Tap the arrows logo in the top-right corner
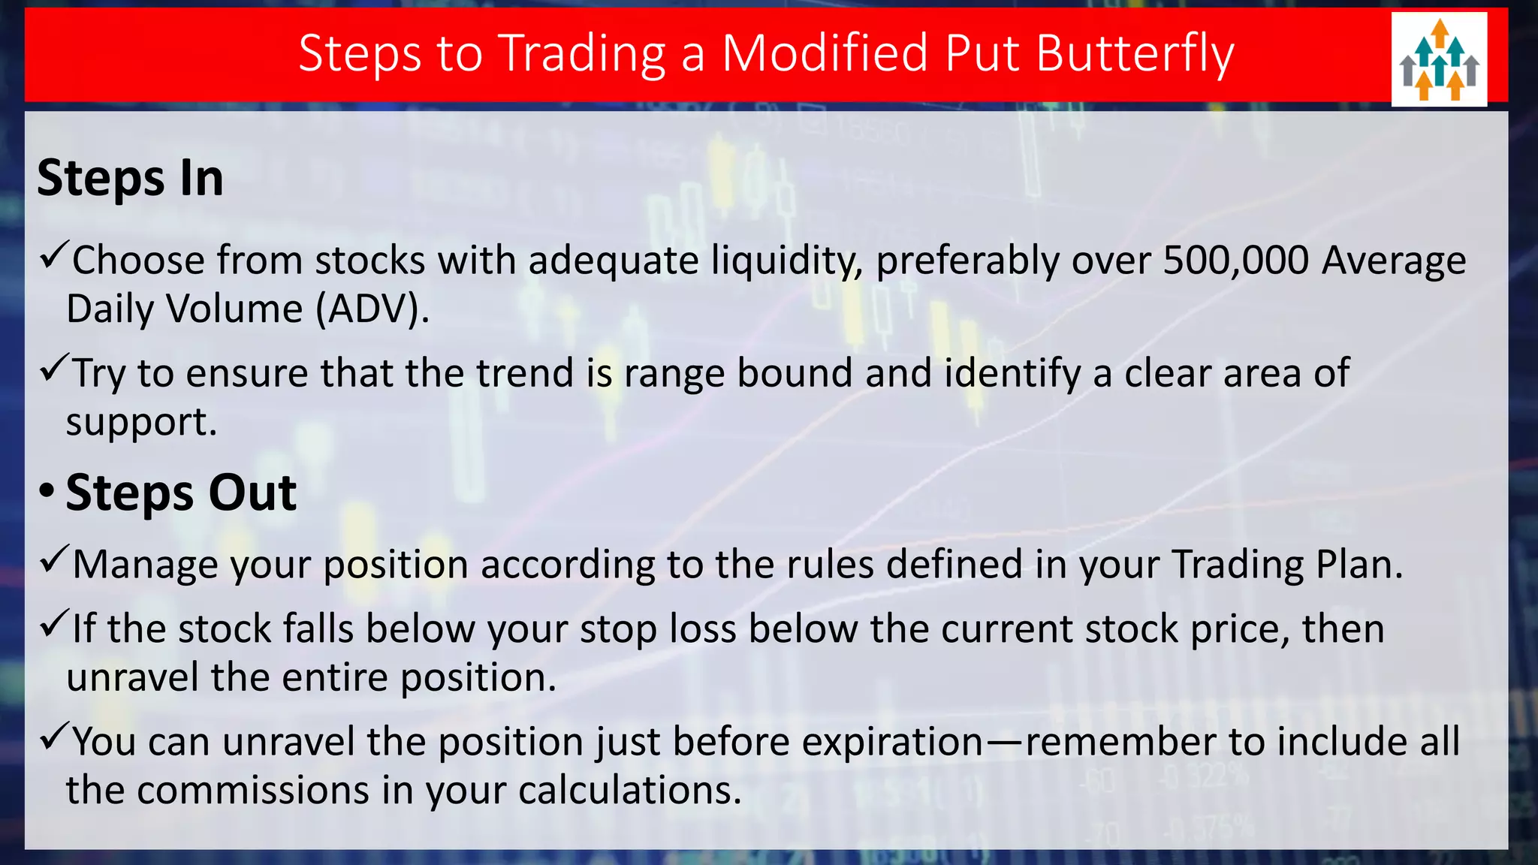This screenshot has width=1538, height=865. [1439, 59]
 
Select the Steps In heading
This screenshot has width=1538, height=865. [130, 179]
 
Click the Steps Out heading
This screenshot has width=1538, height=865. [181, 493]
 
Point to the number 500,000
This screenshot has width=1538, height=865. [1236, 261]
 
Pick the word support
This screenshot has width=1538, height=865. [140, 422]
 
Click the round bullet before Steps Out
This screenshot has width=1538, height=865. [47, 493]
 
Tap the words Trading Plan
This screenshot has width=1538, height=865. [1286, 565]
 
